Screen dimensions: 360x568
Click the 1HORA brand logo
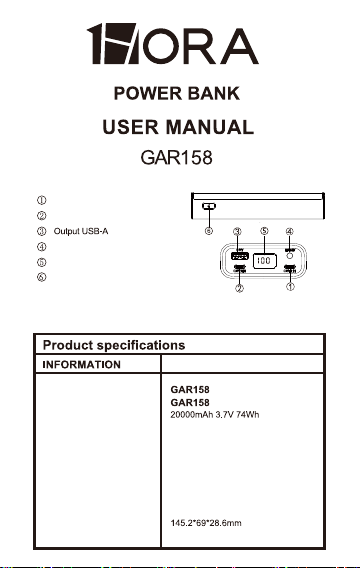click(173, 44)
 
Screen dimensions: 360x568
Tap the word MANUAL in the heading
click(209, 127)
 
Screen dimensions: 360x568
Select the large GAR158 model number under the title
click(176, 158)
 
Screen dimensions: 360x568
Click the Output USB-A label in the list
click(81, 231)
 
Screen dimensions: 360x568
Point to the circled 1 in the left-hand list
click(42, 200)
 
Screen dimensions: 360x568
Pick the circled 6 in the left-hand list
click(42, 277)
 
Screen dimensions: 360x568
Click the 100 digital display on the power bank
click(264, 261)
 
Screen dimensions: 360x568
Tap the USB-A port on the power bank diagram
click(239, 256)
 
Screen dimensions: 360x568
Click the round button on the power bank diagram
click(289, 256)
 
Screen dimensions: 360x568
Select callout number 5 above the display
click(264, 231)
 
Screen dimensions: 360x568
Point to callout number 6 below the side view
click(209, 231)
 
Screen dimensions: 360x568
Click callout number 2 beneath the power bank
click(239, 288)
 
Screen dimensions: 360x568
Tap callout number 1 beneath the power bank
click(290, 287)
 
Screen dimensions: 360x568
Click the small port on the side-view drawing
click(209, 206)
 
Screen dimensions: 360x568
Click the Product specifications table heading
click(114, 345)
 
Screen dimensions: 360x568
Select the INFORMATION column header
click(81, 364)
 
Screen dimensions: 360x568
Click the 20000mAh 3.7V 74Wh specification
click(215, 415)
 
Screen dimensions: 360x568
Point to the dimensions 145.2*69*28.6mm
click(206, 523)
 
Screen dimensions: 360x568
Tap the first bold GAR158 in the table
click(190, 390)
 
